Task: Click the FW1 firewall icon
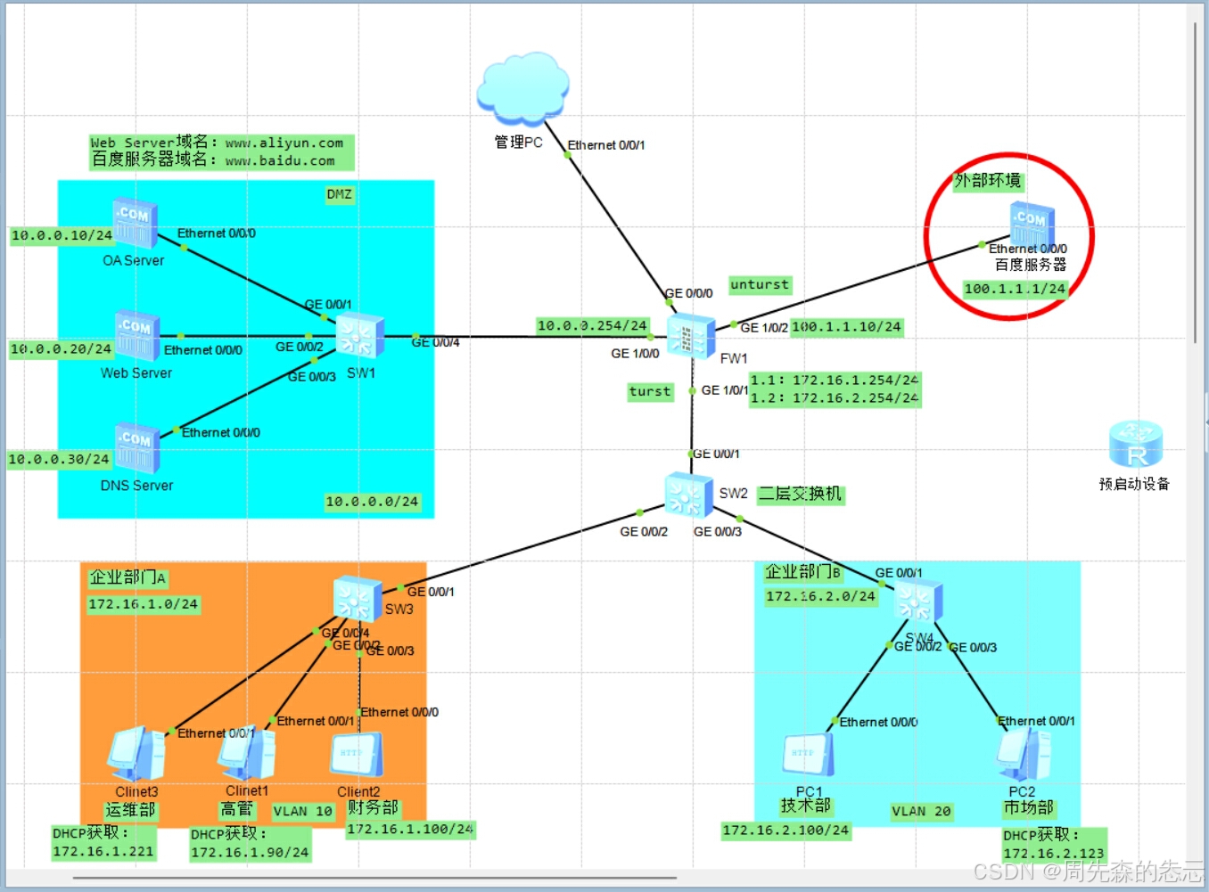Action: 690,336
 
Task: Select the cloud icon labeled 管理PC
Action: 522,89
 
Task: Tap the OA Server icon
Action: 135,224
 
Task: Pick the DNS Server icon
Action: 136,448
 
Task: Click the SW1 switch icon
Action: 359,337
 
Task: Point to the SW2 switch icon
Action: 688,495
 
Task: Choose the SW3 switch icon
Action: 357,598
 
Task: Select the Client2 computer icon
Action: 359,756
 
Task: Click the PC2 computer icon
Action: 1024,754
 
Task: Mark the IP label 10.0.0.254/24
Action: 592,326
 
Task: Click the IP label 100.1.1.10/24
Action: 847,327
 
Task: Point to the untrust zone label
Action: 760,285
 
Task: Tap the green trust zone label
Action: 650,391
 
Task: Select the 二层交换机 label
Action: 800,494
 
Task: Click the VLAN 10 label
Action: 302,811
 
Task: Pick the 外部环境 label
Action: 987,181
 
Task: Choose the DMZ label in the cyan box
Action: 339,194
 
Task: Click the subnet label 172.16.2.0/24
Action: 820,596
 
